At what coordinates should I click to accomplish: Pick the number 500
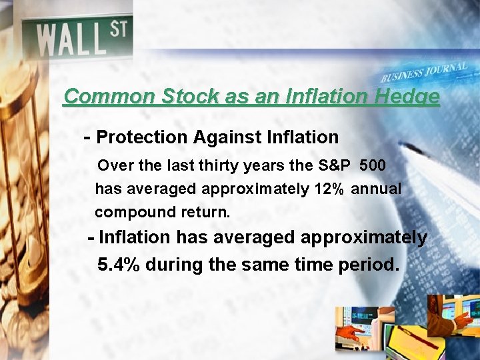[372, 164]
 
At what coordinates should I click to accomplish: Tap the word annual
[376, 189]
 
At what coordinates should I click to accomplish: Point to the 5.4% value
[119, 265]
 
